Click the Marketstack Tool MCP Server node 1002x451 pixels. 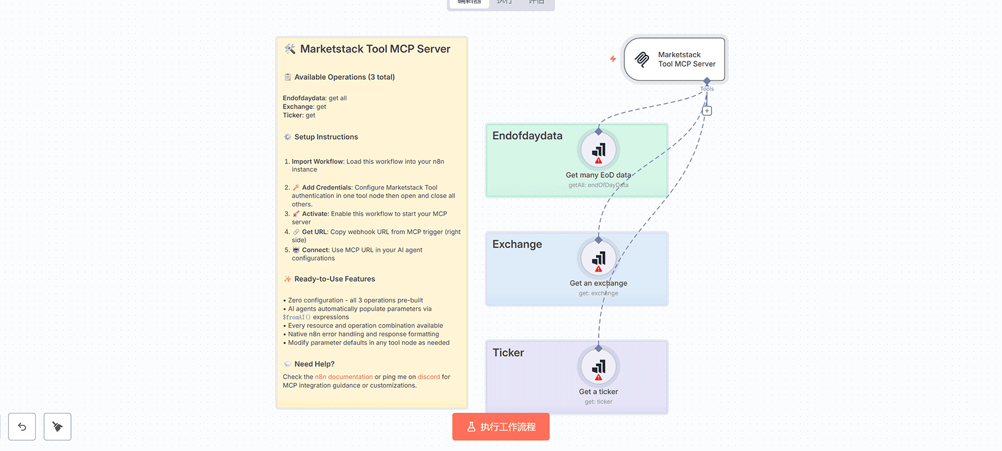675,59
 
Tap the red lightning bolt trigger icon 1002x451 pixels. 613,58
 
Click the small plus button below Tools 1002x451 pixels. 707,111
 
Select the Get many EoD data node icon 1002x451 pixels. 598,150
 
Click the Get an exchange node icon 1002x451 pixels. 598,259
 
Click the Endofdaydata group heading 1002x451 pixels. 527,136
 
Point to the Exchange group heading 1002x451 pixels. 517,245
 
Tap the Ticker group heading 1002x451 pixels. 508,353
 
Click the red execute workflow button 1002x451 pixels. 501,427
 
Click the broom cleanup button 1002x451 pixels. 57,427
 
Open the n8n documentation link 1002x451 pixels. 344,377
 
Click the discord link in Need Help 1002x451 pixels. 429,377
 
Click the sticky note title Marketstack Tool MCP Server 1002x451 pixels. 375,49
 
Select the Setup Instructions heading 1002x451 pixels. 326,137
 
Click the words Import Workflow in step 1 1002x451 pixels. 317,162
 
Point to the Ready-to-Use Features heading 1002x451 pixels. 334,279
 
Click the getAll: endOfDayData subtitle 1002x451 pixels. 598,186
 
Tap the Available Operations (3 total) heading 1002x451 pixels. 344,77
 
